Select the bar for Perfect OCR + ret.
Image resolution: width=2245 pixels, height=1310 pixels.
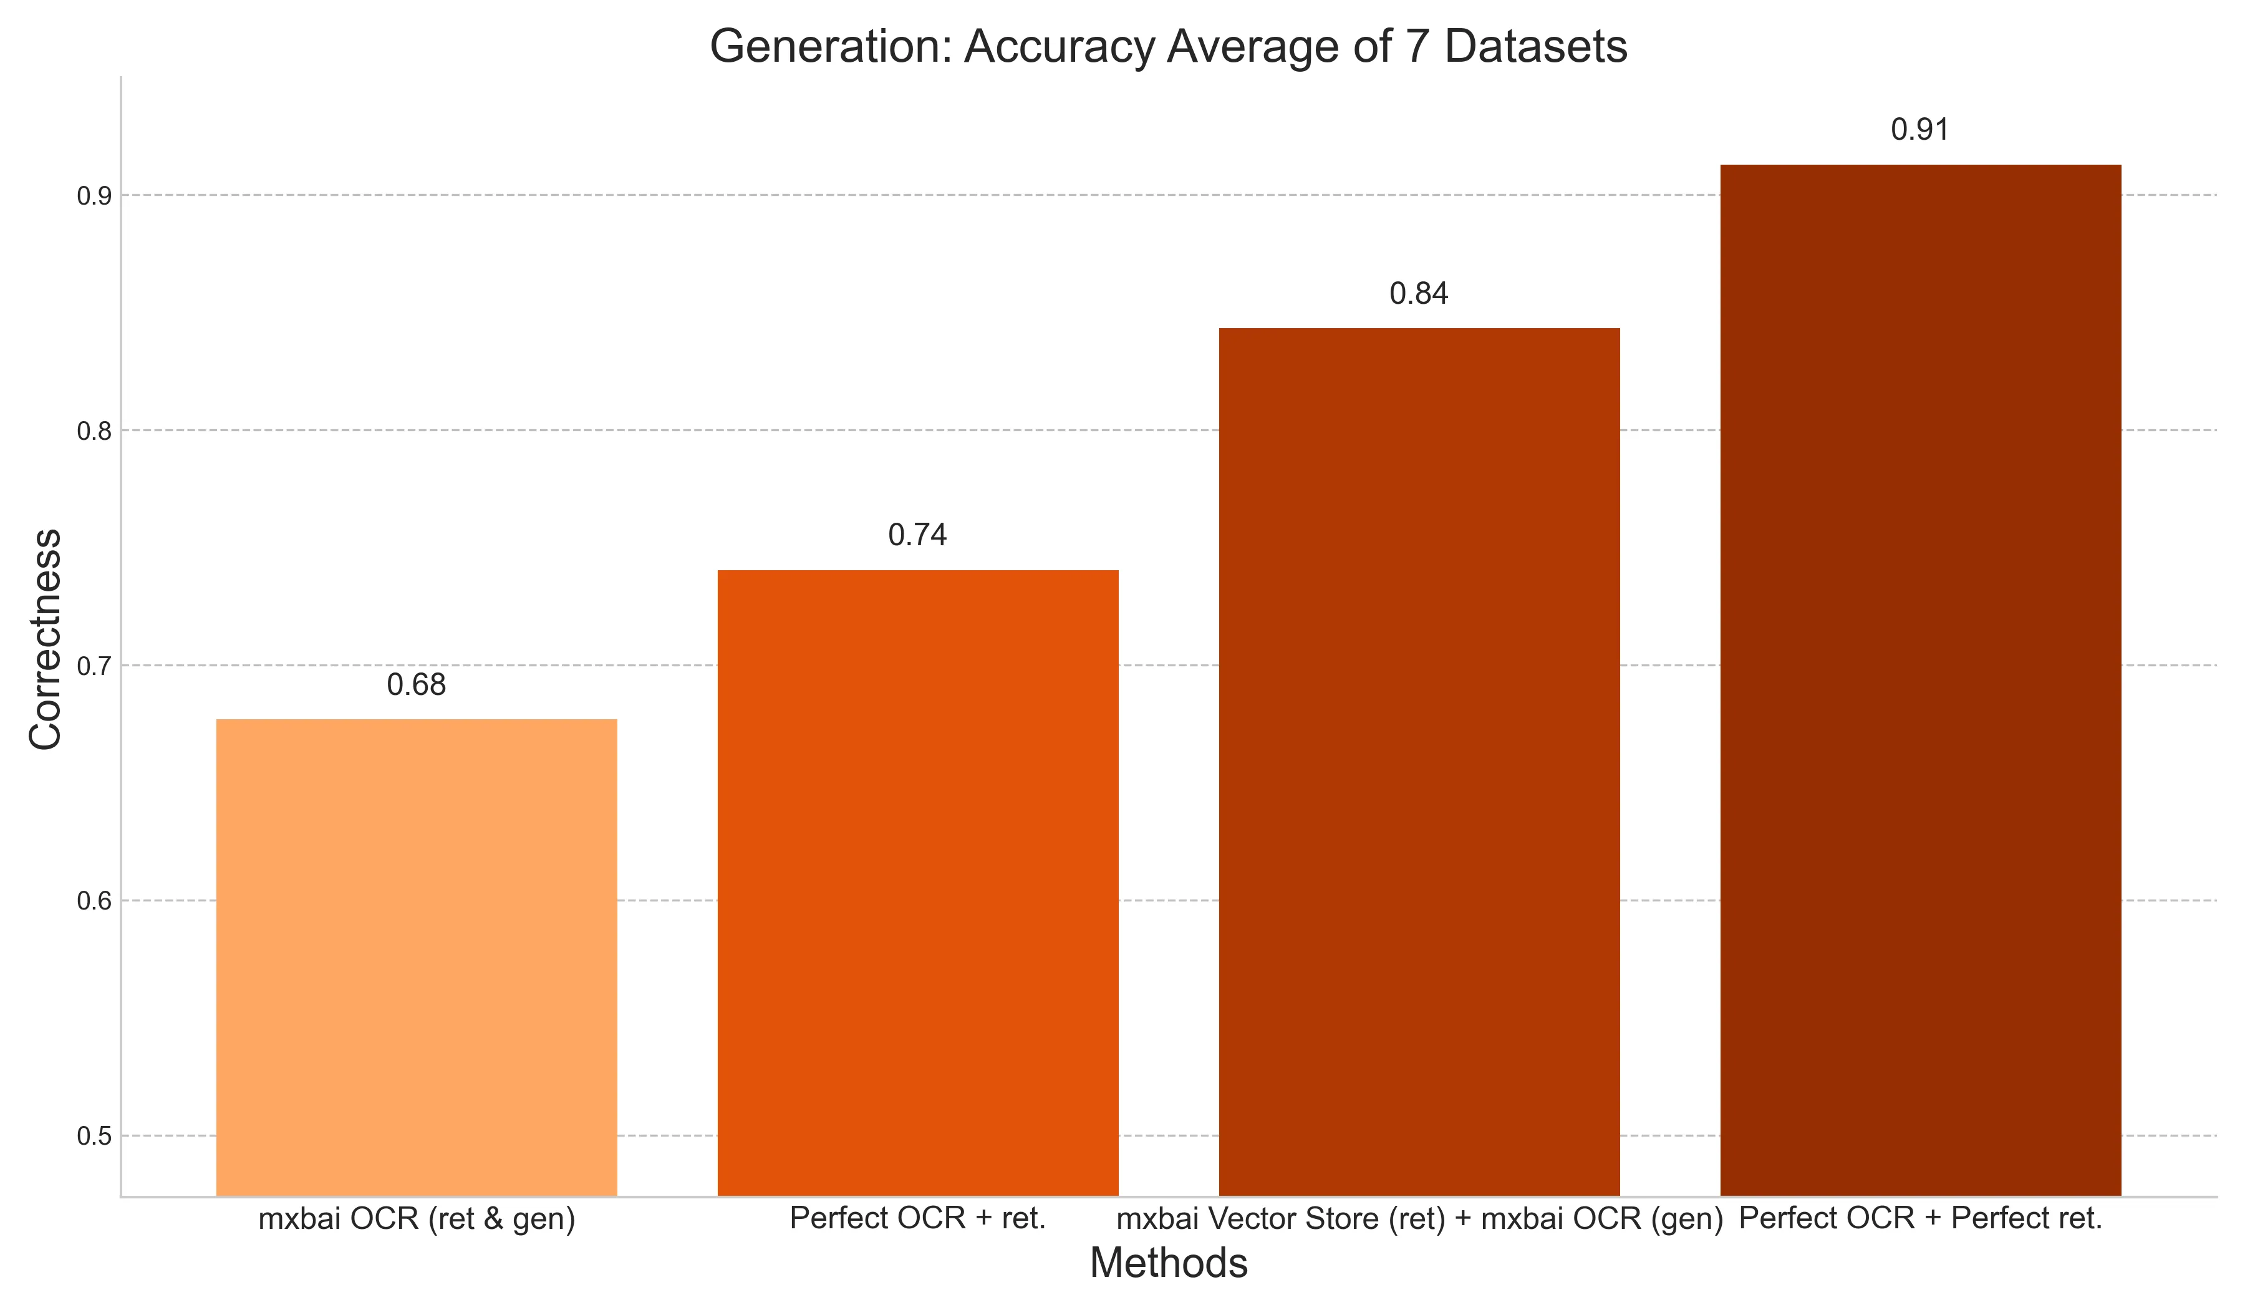(917, 882)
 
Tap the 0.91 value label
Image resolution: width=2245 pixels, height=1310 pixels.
(1920, 130)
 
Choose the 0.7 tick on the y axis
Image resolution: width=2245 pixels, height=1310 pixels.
(94, 667)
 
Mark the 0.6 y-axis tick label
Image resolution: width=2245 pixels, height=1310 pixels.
(94, 902)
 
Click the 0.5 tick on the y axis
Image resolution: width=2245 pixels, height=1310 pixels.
(94, 1137)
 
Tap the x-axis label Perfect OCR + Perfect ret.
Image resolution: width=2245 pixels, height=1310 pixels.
(1920, 1218)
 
